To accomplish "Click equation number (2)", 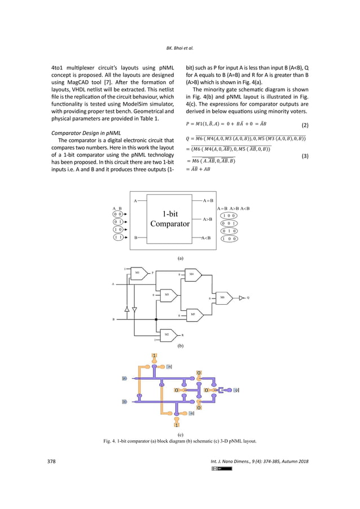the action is pos(304,125).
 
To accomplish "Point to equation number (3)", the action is pos(304,156).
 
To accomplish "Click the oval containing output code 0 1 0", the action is pos(229,230).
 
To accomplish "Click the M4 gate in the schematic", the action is pos(192,275).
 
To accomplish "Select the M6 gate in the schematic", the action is pos(222,297).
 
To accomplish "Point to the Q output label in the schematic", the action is pos(248,297).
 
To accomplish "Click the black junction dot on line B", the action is pos(155,319).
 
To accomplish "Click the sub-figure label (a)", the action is pos(180,257).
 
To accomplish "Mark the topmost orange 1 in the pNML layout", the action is pos(154,355).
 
